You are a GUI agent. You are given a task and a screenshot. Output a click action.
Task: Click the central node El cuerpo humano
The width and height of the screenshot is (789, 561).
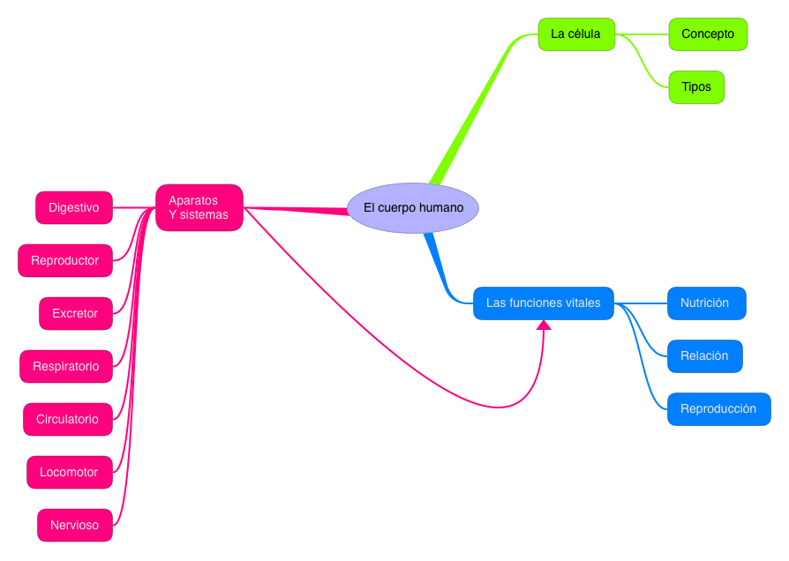[x=413, y=208]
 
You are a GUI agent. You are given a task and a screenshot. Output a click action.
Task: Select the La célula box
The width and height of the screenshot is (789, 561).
[x=576, y=34]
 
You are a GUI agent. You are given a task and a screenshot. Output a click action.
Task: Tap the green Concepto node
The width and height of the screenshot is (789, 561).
[x=708, y=34]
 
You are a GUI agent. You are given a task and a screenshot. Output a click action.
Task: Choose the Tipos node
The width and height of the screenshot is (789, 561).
[x=696, y=87]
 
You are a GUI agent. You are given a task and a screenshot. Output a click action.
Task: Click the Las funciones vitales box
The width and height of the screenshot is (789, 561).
[x=543, y=303]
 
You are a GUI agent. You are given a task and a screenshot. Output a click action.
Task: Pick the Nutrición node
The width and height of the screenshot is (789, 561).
[x=706, y=303]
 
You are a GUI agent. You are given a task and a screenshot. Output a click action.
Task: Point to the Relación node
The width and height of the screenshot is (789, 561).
[x=704, y=356]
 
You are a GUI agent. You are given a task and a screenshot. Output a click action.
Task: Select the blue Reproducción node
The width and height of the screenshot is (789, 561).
[x=718, y=409]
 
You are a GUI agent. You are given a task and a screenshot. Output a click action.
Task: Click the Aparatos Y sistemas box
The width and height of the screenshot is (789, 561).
[x=199, y=207]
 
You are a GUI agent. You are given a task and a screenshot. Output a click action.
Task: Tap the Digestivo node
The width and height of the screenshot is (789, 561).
[x=74, y=207]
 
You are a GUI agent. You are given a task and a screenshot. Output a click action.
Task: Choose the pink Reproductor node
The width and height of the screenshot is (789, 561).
[x=65, y=260]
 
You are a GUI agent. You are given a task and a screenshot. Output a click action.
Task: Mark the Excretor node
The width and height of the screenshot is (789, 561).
[x=76, y=313]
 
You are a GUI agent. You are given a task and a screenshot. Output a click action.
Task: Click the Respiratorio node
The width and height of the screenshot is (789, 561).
[x=66, y=366]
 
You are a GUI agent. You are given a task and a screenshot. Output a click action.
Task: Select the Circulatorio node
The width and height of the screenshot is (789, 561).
[x=68, y=419]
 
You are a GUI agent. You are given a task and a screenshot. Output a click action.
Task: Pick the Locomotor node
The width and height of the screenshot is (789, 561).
[x=69, y=472]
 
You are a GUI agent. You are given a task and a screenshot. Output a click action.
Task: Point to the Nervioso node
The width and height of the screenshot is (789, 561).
[x=75, y=525]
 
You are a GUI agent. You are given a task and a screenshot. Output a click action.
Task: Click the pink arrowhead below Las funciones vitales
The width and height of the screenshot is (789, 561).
[x=544, y=325]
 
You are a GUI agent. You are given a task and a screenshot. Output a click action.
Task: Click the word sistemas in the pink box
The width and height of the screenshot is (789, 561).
[x=205, y=214]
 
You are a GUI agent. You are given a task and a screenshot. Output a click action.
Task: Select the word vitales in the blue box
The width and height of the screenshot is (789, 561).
[x=582, y=303]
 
